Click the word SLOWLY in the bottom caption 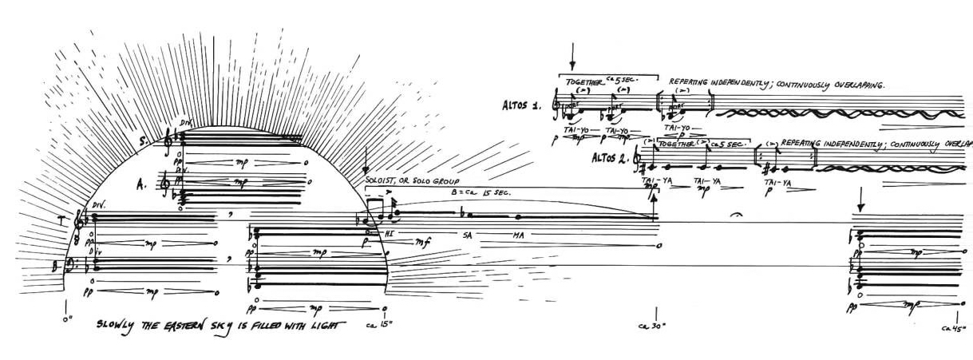117,325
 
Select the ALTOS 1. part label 524,105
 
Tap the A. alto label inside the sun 141,186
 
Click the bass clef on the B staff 73,263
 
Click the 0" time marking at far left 66,318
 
